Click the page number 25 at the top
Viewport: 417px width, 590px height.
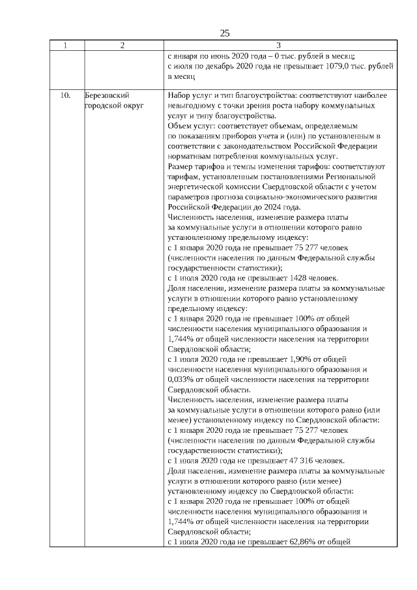[225, 33]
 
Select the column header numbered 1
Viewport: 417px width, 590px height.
[64, 46]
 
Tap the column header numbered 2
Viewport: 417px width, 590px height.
[122, 46]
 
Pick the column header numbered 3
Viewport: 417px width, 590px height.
[279, 46]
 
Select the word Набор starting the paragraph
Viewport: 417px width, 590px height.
[180, 95]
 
